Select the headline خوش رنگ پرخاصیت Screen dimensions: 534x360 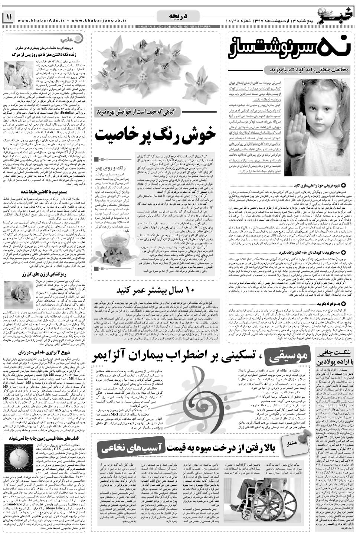pyautogui.click(x=155, y=135)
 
